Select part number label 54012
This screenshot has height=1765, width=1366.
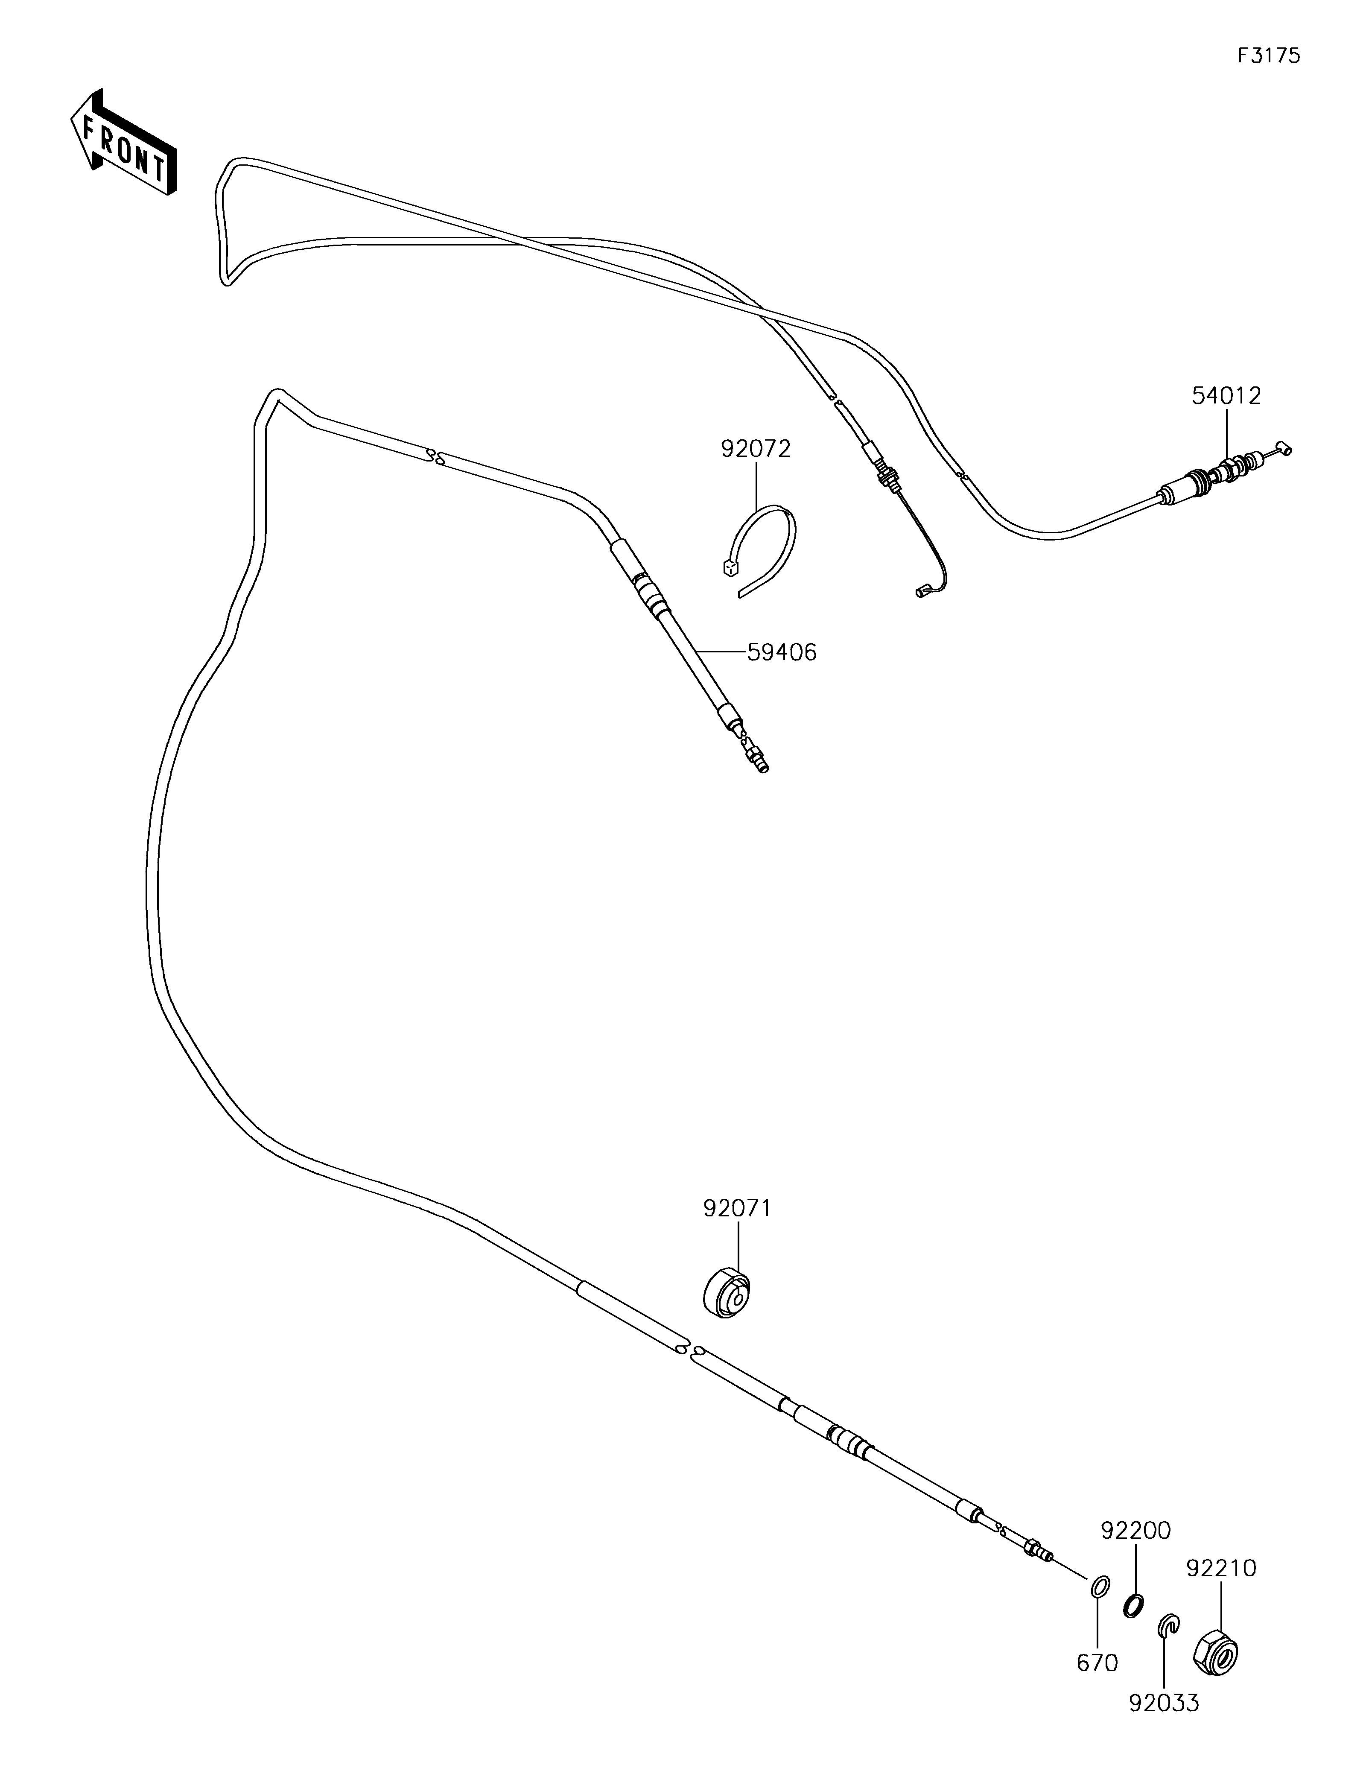click(x=1226, y=396)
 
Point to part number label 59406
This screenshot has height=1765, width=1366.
click(x=781, y=652)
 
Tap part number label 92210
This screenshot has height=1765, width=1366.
click(x=1220, y=1568)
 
